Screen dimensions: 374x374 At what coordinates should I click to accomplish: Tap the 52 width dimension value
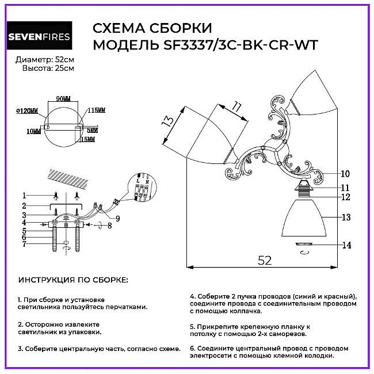264,260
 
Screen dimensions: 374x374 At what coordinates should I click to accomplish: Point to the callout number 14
346,245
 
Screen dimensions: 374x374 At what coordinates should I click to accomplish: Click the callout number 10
345,173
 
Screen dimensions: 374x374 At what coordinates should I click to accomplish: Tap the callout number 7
25,244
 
